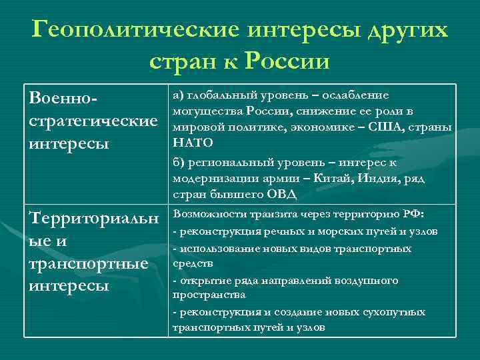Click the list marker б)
179,163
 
